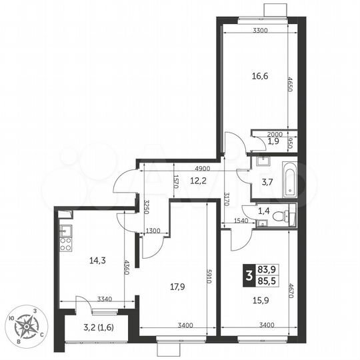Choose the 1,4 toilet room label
tap(263, 210)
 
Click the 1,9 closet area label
tap(273, 141)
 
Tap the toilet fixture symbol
tap(287, 215)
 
